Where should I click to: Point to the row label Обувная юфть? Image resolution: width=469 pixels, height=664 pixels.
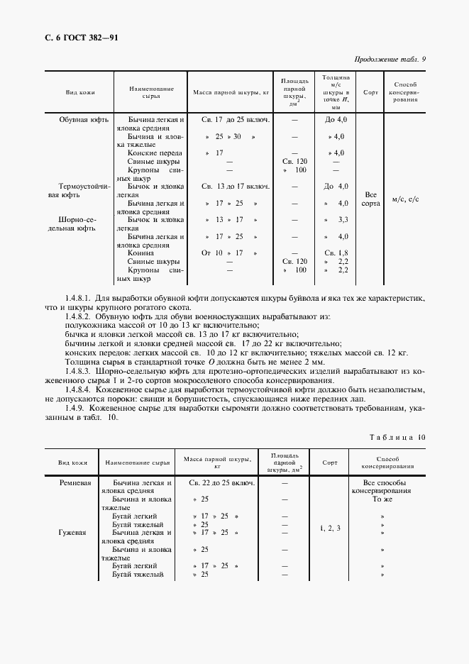click(84, 120)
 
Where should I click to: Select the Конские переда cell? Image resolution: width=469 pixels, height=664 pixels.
click(155, 153)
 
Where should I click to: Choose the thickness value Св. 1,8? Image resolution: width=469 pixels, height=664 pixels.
click(335, 253)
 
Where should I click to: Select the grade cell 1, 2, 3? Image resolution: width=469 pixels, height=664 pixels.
click(330, 529)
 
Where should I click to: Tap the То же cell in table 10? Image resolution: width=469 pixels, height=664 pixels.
click(382, 499)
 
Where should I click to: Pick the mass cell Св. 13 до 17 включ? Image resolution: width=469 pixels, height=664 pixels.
click(235, 187)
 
